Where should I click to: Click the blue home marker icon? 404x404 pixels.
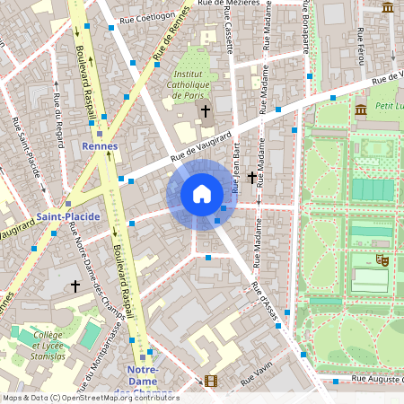pos(202,194)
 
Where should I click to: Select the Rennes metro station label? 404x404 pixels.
pos(99,146)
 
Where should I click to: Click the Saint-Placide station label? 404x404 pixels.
pos(68,216)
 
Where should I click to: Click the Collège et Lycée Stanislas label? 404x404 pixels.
pos(37,346)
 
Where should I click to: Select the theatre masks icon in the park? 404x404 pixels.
pos(382,259)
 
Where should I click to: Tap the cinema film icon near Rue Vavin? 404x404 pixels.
pos(210,381)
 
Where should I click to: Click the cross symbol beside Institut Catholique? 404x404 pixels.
pos(206,111)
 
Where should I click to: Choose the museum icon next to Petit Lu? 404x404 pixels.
pos(360,110)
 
